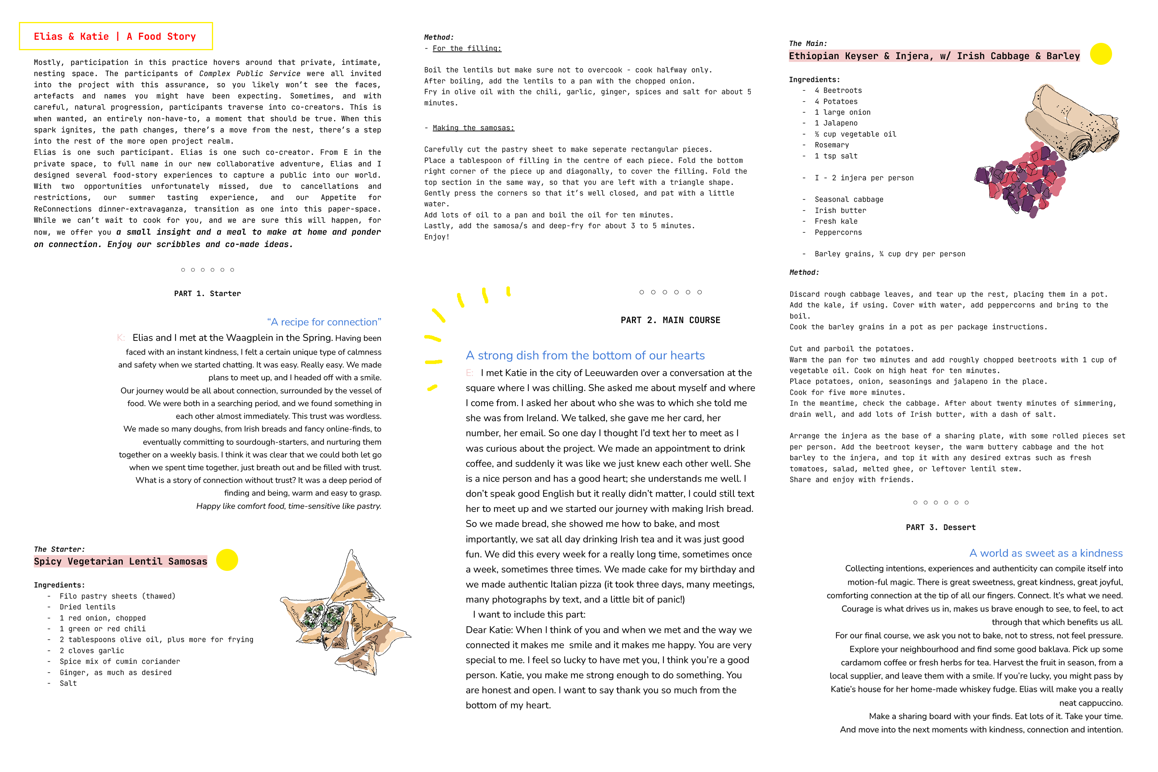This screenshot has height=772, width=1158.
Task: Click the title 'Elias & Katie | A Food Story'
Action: pyautogui.click(x=115, y=36)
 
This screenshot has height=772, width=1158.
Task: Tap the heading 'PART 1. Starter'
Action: pyautogui.click(x=207, y=293)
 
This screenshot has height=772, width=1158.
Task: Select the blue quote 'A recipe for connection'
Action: pyautogui.click(x=324, y=322)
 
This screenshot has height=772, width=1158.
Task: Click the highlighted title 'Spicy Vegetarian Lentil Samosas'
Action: pyautogui.click(x=120, y=561)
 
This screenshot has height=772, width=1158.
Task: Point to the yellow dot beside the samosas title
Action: pyautogui.click(x=227, y=560)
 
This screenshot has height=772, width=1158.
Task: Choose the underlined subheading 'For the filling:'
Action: pyautogui.click(x=467, y=48)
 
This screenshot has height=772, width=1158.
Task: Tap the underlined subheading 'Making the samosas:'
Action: pyautogui.click(x=473, y=128)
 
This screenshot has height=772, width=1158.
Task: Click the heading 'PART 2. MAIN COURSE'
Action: pyautogui.click(x=670, y=320)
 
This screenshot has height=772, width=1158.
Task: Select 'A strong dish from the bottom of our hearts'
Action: pyautogui.click(x=585, y=356)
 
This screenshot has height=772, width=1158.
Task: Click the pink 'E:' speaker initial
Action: pyautogui.click(x=469, y=373)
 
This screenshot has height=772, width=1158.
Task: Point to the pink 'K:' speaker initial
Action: pyautogui.click(x=120, y=338)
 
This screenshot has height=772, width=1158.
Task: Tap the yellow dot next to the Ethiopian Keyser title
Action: pyautogui.click(x=1100, y=54)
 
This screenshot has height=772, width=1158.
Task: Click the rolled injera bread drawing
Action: pyautogui.click(x=1073, y=120)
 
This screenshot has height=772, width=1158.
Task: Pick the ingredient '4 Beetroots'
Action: pyautogui.click(x=838, y=91)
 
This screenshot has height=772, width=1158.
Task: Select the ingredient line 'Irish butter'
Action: pyautogui.click(x=840, y=211)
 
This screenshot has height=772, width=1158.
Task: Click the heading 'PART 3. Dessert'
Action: pyautogui.click(x=940, y=527)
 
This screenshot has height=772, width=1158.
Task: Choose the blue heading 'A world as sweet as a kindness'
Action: pyautogui.click(x=1046, y=554)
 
